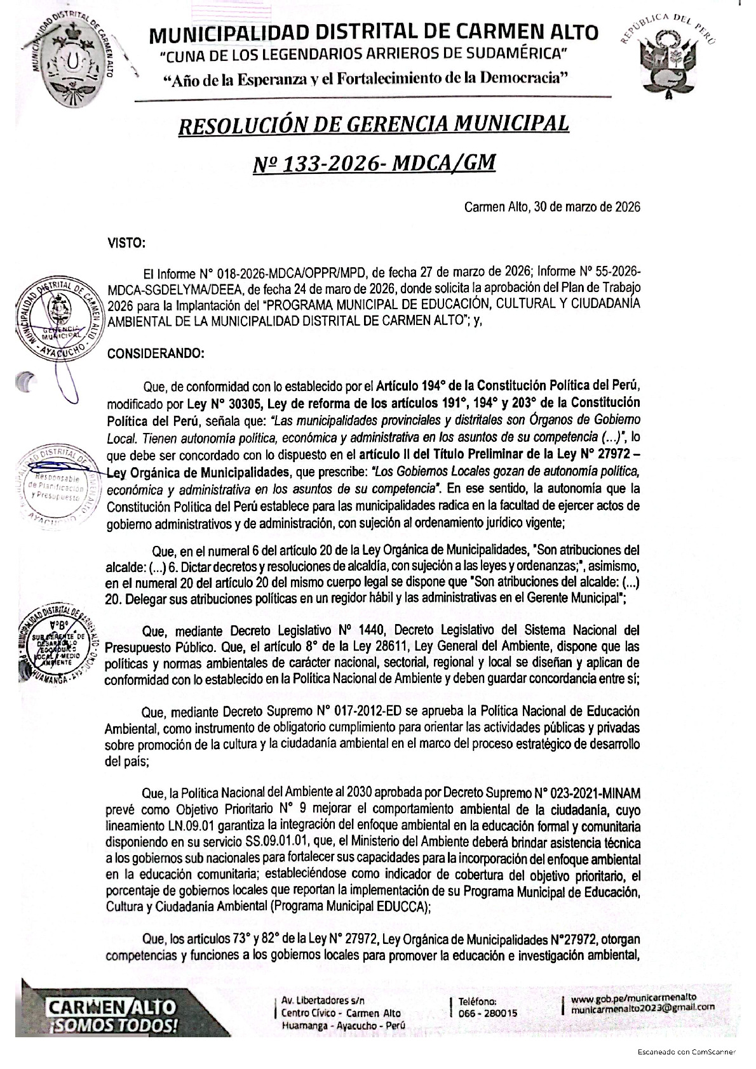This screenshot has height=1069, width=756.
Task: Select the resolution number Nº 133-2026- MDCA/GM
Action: (374, 164)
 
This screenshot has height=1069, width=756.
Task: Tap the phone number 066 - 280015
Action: (487, 1013)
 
